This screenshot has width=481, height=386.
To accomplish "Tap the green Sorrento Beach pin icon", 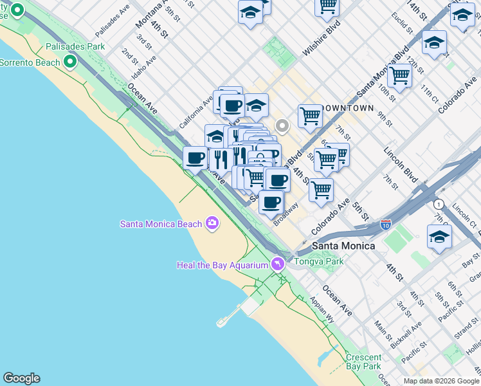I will [x=69, y=62].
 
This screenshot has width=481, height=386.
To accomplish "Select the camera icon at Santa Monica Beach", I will [x=212, y=224].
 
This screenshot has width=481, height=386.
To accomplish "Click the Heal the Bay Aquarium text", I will [x=222, y=265].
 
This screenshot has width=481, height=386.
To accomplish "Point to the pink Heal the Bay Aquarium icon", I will [x=277, y=264].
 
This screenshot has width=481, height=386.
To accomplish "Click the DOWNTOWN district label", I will [x=346, y=108].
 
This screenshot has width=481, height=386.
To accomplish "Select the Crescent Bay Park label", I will [x=363, y=362].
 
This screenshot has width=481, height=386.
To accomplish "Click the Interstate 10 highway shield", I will [x=386, y=225].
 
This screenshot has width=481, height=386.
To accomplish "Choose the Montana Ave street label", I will [x=148, y=14].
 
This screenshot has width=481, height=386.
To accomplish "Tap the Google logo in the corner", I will [x=21, y=378].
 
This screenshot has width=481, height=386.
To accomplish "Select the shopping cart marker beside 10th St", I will [x=400, y=76].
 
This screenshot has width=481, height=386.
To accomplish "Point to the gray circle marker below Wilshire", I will [x=281, y=125].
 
